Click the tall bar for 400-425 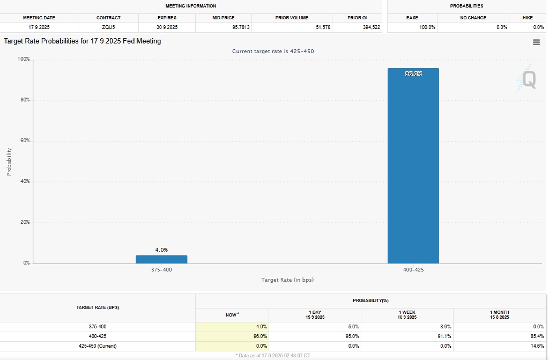point(413,166)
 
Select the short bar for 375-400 point(161,259)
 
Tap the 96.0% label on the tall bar point(413,74)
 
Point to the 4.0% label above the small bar point(161,249)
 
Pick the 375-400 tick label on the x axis point(161,270)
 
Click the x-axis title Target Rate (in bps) point(287,280)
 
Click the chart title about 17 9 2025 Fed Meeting point(83,41)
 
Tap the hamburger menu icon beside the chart point(536,42)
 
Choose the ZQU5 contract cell point(108,27)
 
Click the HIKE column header point(528,18)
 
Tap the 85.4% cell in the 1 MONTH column point(537,336)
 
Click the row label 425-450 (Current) point(98,346)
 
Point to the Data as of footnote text point(273,355)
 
